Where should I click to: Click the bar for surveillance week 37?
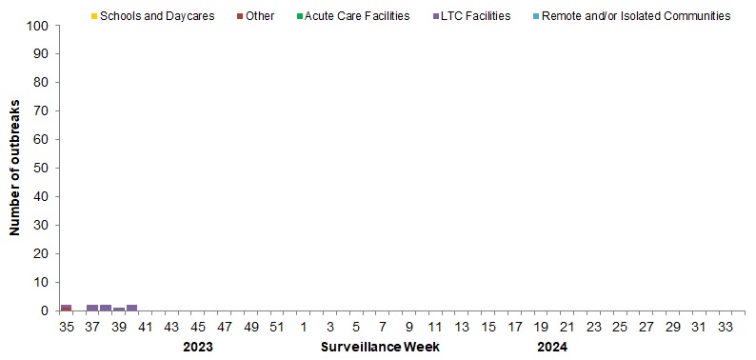92,308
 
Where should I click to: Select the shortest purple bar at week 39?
119,310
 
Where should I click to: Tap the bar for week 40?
132,308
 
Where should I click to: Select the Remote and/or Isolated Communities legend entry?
635,16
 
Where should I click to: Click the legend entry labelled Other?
258,16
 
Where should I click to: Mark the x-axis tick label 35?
66,328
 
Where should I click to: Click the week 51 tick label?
277,328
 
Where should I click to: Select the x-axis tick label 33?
726,328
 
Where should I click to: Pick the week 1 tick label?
303,328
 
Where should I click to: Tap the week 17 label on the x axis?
514,328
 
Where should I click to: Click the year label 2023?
197,348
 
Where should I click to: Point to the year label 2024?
551,348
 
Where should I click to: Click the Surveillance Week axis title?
380,348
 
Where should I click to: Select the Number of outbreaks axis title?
15,169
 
